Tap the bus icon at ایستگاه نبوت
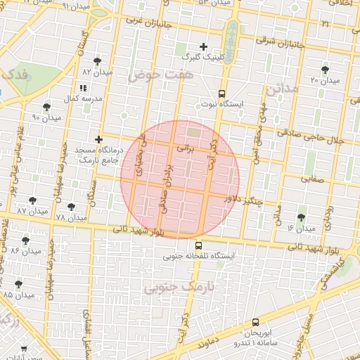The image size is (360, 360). click(222, 93)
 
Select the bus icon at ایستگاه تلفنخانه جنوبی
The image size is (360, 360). click(198, 246)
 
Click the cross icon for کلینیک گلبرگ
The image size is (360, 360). click(203, 46)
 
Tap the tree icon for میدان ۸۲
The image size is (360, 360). click(96, 61)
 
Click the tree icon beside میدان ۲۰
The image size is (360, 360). click(324, 70)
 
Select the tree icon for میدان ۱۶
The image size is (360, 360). click(302, 217)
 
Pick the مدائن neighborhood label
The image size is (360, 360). click(283, 89)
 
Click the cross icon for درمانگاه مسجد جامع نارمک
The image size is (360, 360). click(98, 140)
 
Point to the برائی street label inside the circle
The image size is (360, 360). click(185, 149)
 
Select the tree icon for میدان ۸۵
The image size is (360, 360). click(18, 284)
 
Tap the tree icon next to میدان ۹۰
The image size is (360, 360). click(46, 107)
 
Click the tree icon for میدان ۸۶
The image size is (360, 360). click(26, 240)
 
